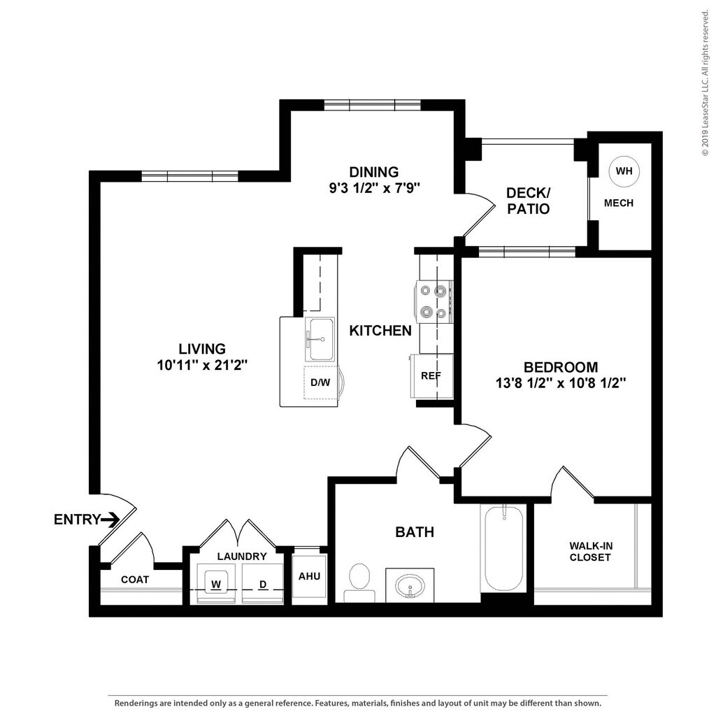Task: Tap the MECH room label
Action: coord(619,203)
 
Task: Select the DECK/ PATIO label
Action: coord(529,201)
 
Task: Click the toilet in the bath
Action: coord(359,582)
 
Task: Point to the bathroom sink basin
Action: coord(410,587)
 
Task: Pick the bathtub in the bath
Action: coord(503,548)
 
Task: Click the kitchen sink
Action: coord(320,340)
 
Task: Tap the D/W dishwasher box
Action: coord(320,382)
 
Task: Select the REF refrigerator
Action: coord(431,376)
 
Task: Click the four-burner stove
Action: coord(434,301)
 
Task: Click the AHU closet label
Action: coord(309,576)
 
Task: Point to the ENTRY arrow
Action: coord(110,520)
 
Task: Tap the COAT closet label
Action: coord(135,580)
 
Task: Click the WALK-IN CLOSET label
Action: coord(590,551)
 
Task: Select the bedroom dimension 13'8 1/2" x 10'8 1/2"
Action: coord(560,382)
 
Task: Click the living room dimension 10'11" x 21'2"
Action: coord(202,365)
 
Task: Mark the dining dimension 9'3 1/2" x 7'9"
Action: coord(374,187)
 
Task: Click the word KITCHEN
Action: coord(380,331)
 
